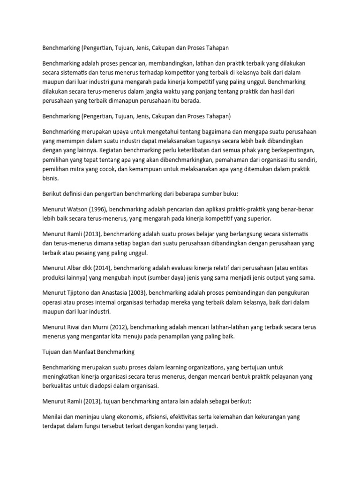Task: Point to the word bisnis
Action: [50, 179]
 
